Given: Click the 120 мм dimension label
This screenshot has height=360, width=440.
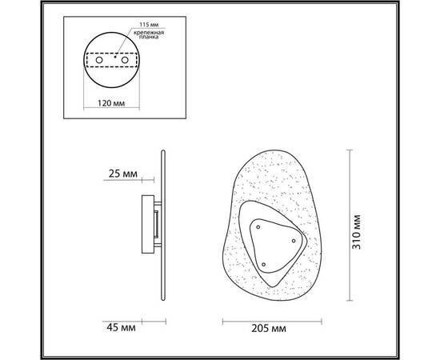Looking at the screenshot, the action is (111, 103).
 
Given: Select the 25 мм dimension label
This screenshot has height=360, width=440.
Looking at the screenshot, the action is (123, 174).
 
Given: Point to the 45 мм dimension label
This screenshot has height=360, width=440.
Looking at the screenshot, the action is (121, 327).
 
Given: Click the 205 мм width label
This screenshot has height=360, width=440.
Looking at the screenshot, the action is (269, 328).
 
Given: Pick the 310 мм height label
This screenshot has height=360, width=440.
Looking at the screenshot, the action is (356, 232).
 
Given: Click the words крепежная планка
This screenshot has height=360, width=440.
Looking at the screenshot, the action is (149, 34).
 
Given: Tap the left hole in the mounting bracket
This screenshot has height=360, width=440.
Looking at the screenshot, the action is (99, 60).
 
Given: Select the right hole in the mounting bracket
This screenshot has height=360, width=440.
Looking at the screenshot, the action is (125, 60).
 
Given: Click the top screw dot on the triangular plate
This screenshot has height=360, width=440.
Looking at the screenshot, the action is (258, 227).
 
